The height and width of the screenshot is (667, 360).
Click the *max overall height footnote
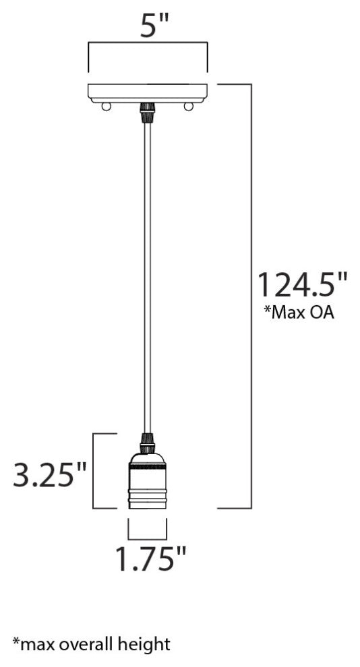click(x=91, y=644)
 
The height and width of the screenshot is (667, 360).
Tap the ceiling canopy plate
click(x=148, y=92)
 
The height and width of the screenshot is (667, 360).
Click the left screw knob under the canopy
click(x=105, y=106)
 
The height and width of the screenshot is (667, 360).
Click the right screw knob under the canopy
click(x=189, y=106)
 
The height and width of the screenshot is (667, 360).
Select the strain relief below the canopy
click(x=147, y=112)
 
